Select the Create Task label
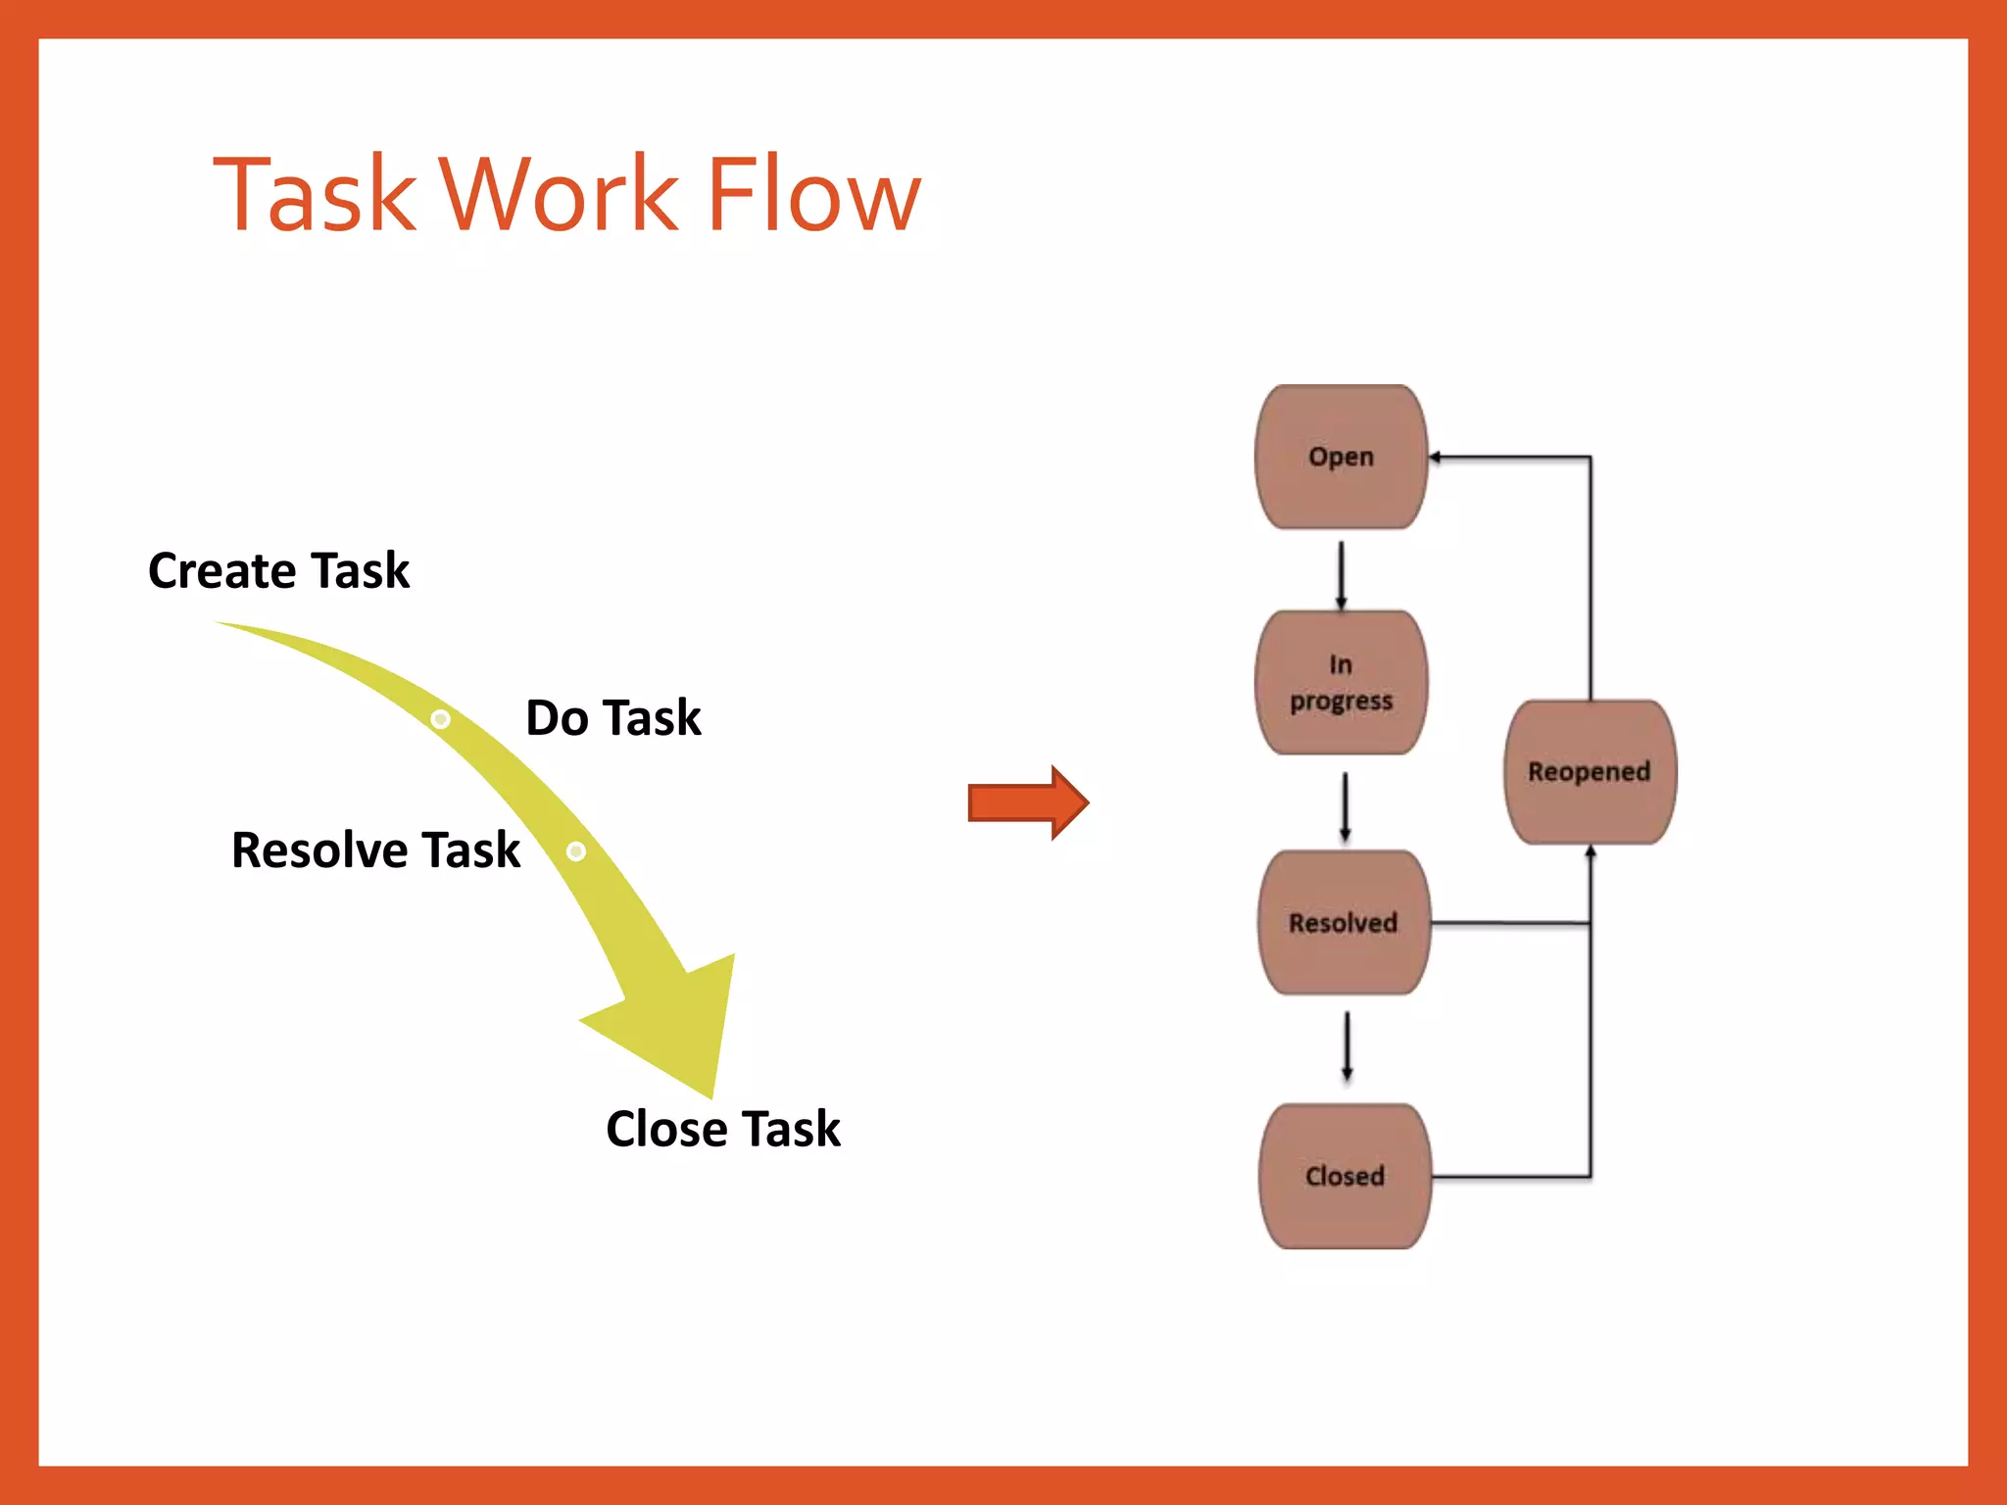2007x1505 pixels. click(278, 570)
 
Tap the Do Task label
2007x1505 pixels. click(613, 717)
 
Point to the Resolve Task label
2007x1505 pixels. click(375, 850)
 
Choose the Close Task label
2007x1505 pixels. click(722, 1129)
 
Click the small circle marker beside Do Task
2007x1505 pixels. click(441, 719)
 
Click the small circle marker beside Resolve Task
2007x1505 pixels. click(576, 850)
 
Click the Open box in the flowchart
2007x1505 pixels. click(1341, 457)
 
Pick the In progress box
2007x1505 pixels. click(1341, 683)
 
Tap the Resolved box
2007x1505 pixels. click(1343, 923)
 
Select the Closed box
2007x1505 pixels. click(1345, 1176)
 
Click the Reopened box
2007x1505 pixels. click(1589, 772)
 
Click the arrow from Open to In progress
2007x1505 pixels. click(1341, 575)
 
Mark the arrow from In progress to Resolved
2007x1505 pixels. click(1345, 806)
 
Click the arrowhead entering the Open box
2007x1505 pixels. click(1435, 458)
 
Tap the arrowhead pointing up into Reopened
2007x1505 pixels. click(1590, 852)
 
